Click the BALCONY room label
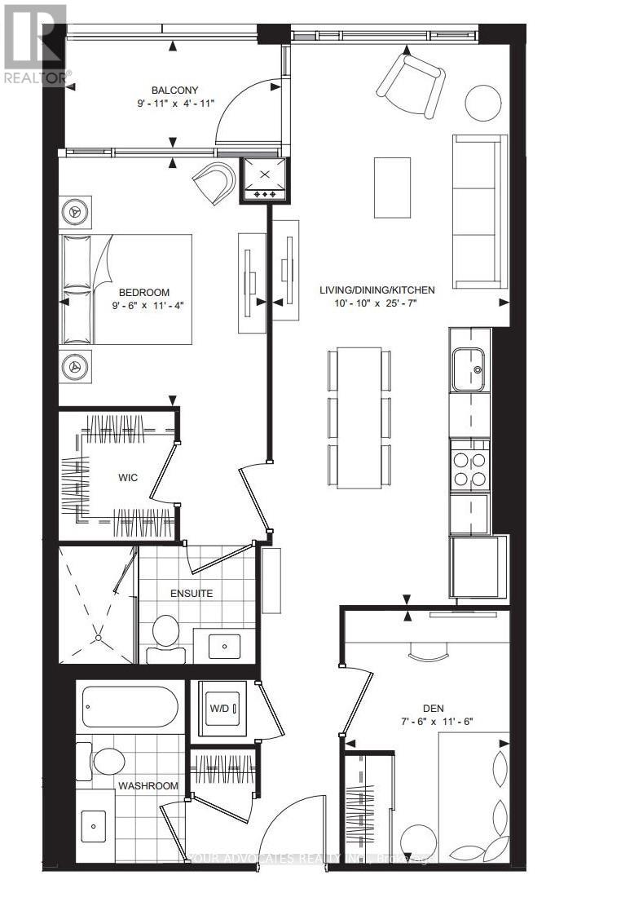click(174, 91)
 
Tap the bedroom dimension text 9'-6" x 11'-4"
click(143, 307)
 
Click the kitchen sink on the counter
click(469, 365)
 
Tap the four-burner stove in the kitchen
click(469, 468)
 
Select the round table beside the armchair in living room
click(483, 103)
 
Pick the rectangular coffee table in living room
click(392, 187)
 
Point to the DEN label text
click(432, 708)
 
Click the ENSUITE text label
click(192, 593)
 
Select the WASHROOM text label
click(148, 785)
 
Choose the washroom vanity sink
click(96, 825)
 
